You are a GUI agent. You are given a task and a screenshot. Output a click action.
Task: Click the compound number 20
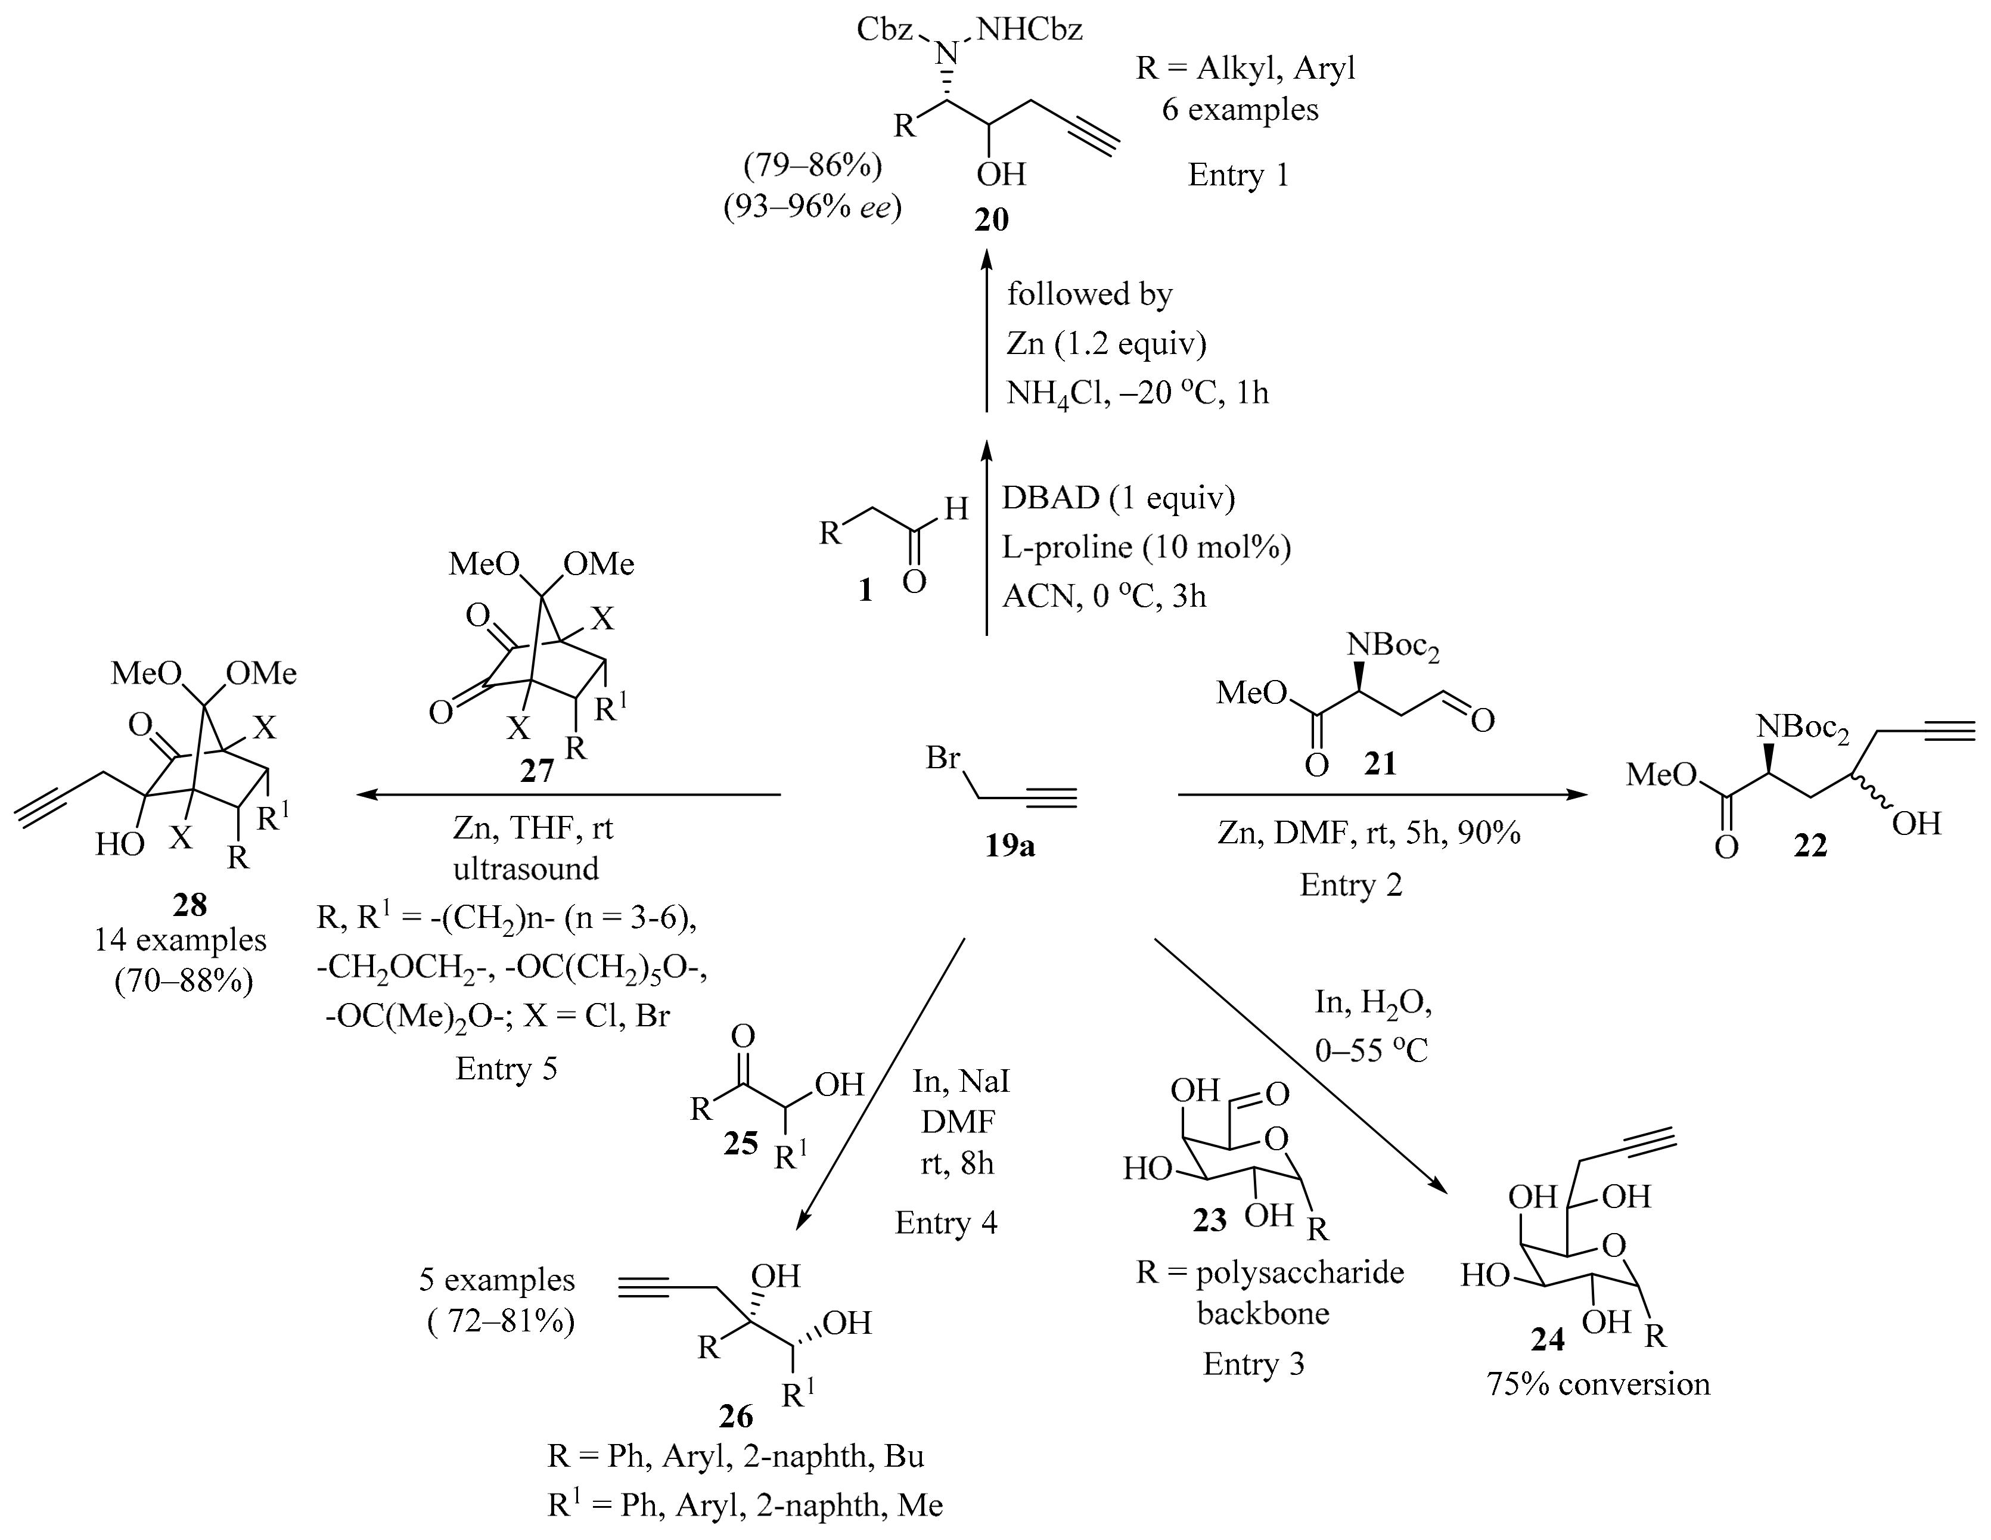pyautogui.click(x=992, y=220)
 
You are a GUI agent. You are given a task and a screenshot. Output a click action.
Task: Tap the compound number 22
pyautogui.click(x=1810, y=846)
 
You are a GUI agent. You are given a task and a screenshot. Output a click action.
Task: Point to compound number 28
pyautogui.click(x=190, y=903)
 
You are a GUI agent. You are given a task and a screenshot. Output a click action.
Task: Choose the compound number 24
pyautogui.click(x=1549, y=1339)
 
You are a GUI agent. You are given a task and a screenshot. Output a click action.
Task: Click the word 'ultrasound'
pyautogui.click(x=526, y=868)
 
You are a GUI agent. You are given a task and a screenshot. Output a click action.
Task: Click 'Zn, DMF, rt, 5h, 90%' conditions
pyautogui.click(x=1369, y=833)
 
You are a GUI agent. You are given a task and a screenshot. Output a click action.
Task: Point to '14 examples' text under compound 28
pyautogui.click(x=181, y=939)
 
